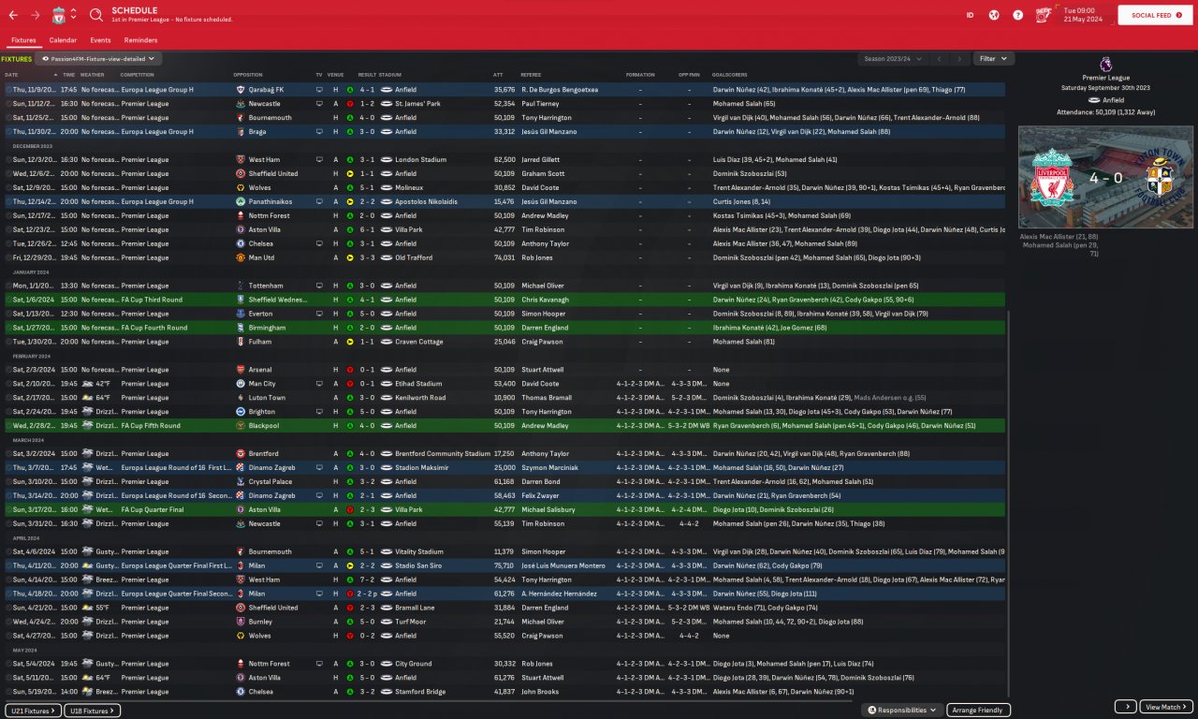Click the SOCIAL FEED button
(x=1154, y=15)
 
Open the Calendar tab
(x=63, y=40)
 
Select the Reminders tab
(x=140, y=40)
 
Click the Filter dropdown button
(x=993, y=58)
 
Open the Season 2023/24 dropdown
(x=892, y=58)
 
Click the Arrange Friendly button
(x=978, y=710)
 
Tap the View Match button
(x=1166, y=707)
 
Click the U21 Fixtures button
(x=33, y=711)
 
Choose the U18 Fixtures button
(x=93, y=711)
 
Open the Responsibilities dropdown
(x=902, y=710)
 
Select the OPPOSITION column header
(x=248, y=74)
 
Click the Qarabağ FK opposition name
(x=265, y=90)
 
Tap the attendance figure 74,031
(x=504, y=257)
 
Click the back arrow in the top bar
(x=13, y=15)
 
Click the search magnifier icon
(x=96, y=15)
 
